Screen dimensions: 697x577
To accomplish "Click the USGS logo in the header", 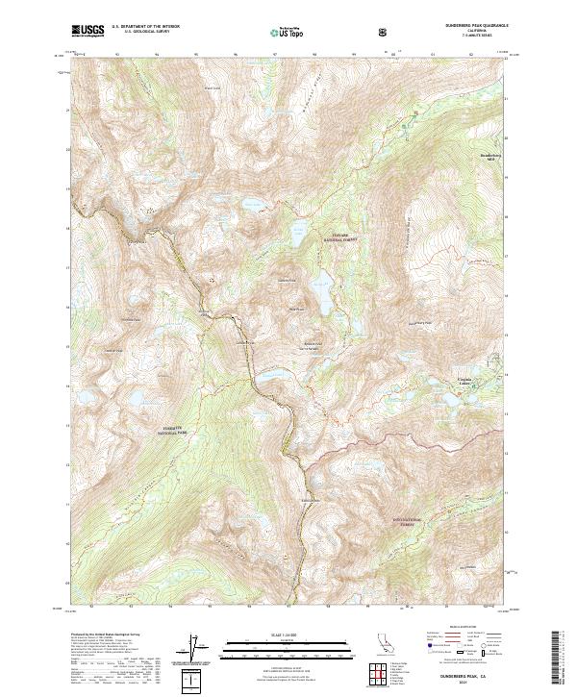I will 88,31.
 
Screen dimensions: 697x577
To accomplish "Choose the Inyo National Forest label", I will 409,521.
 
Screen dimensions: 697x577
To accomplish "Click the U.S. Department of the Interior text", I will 142,27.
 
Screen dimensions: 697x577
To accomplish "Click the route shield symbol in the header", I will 385,32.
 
